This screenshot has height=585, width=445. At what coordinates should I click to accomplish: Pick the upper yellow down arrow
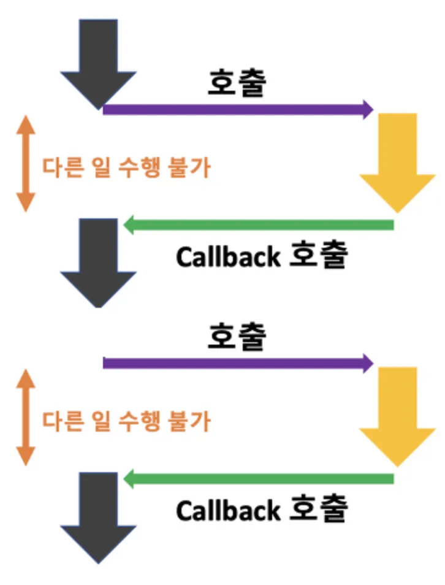coord(398,162)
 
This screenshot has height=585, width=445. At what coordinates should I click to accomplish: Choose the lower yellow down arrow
coord(398,417)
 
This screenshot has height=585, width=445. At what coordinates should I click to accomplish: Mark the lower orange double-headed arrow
coord(25,417)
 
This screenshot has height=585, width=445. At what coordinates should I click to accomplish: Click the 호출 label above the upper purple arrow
coord(237,83)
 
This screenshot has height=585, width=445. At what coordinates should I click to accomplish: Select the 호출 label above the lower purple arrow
coord(237,337)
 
